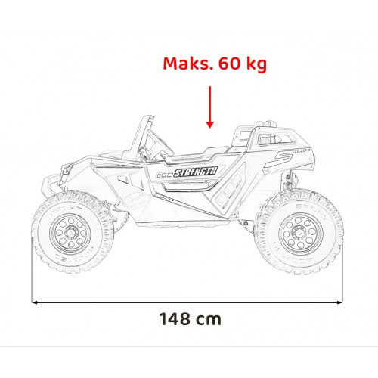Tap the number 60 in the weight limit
coord(225,64)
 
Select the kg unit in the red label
coord(254,65)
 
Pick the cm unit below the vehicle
coord(209,319)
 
